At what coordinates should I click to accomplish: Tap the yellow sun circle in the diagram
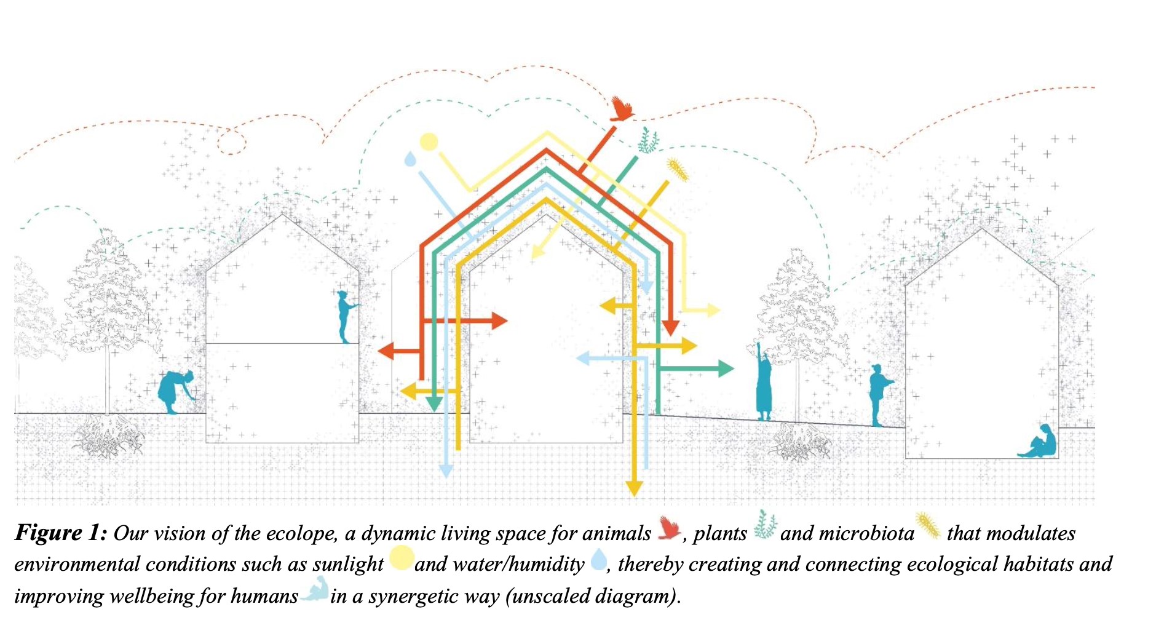point(429,142)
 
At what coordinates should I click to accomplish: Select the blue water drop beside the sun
point(410,159)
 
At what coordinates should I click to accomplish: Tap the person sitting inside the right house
point(1039,441)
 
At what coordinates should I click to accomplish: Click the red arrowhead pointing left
point(386,352)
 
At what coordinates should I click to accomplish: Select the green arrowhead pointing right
point(726,368)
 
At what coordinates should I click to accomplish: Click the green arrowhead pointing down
point(434,404)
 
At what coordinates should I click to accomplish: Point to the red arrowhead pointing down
point(670,328)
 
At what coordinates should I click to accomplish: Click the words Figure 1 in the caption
point(61,533)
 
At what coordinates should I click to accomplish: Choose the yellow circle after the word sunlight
point(401,558)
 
